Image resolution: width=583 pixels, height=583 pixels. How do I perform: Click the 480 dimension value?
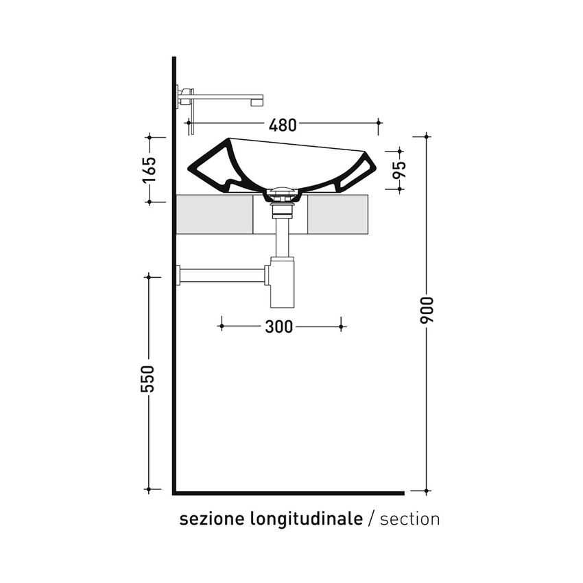283,125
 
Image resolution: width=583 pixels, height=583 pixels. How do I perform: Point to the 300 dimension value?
278,327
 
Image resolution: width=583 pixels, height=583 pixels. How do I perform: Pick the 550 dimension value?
148,379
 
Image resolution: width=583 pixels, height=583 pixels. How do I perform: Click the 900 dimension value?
427,311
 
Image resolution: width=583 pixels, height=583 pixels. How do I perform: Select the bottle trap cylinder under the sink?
282,284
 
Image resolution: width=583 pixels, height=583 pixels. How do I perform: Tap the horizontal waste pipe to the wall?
223,276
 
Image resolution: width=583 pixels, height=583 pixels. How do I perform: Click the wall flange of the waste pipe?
178,276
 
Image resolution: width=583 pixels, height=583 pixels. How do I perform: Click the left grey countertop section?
215,214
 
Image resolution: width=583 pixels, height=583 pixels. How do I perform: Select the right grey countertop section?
337,214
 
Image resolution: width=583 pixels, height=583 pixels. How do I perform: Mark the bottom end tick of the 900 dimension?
427,491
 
